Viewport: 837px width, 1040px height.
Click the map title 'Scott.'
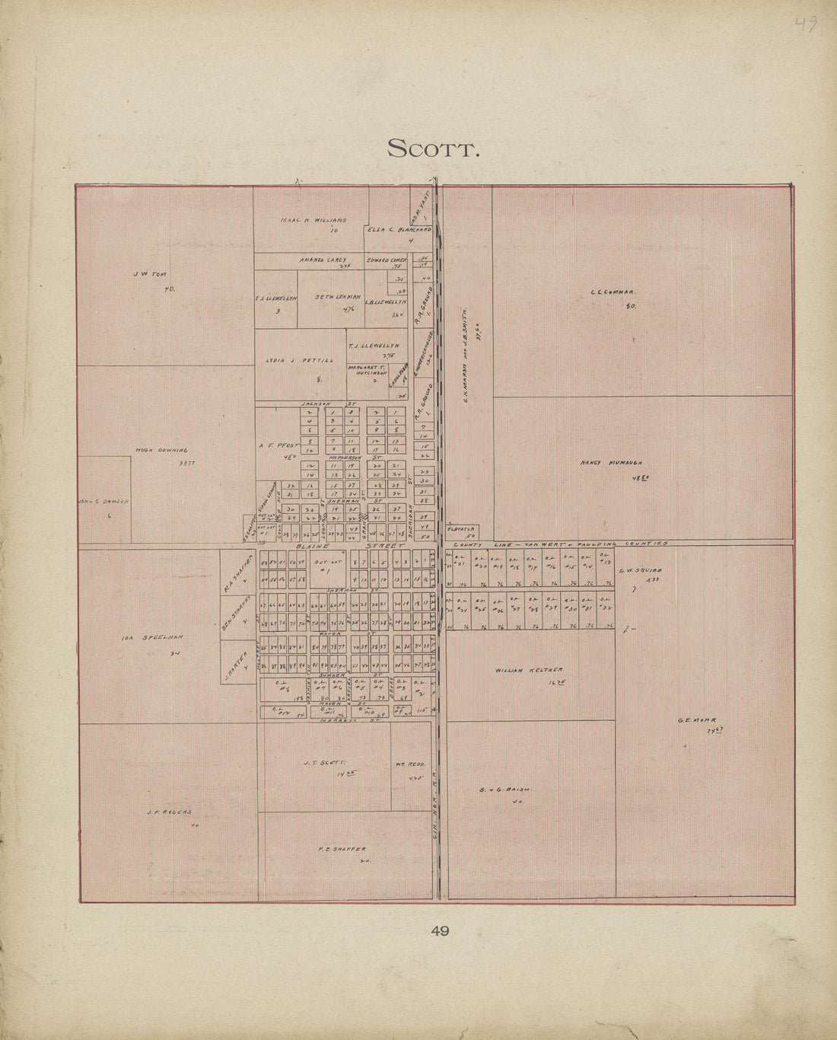[x=433, y=148]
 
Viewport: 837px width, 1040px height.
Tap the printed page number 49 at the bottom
[x=440, y=930]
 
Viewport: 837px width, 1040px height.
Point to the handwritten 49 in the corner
[x=805, y=24]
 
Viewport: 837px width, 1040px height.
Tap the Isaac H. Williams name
[x=313, y=220]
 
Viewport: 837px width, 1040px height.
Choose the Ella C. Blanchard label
[x=399, y=229]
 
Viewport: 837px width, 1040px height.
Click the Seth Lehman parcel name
[x=337, y=296]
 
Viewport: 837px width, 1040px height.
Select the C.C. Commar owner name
[x=612, y=292]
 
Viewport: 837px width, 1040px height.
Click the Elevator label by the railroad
[x=462, y=528]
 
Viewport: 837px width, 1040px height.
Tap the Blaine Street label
[x=350, y=546]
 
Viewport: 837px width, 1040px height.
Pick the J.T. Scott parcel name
[x=324, y=761]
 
